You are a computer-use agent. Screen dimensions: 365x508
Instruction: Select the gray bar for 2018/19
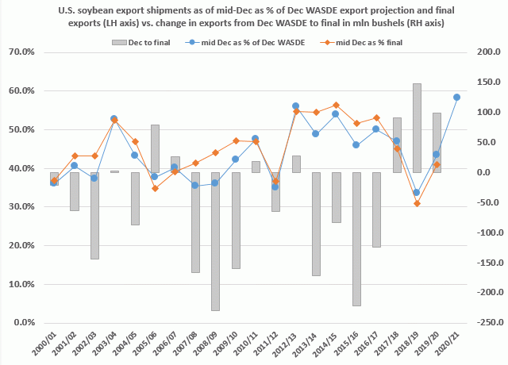[x=417, y=128]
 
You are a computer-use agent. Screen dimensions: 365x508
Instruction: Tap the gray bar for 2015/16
[x=356, y=239]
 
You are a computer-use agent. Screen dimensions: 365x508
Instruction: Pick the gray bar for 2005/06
[x=155, y=148]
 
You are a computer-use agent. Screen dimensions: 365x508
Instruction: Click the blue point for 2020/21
[x=456, y=97]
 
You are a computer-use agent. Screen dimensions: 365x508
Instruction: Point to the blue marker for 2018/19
[x=417, y=192]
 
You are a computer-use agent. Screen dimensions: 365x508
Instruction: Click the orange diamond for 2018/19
[x=417, y=204]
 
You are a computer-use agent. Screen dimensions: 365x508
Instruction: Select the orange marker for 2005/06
[x=155, y=188]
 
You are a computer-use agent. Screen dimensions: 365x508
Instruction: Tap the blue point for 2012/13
[x=296, y=106]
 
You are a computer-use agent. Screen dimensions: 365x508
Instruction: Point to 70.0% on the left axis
[x=29, y=52]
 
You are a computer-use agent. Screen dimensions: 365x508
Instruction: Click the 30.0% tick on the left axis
[x=29, y=207]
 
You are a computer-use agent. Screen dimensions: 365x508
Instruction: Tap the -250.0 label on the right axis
[x=483, y=323]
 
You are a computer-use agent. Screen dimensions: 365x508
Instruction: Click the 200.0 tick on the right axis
[x=483, y=52]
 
